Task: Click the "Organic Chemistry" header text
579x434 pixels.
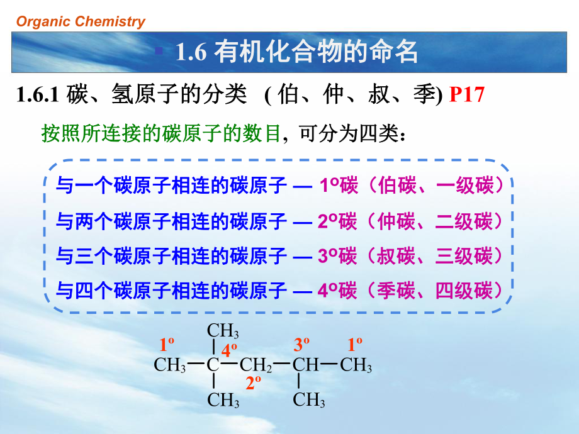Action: click(81, 22)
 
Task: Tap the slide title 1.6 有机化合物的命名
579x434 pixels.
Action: click(296, 53)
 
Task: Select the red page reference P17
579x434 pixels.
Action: click(468, 96)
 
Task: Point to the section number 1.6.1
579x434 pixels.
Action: click(37, 96)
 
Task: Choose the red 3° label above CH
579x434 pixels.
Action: click(302, 344)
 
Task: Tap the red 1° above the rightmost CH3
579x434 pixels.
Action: click(356, 344)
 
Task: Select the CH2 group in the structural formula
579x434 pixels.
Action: click(256, 365)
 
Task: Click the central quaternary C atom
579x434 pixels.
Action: click(213, 365)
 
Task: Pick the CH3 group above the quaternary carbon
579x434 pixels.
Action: click(223, 330)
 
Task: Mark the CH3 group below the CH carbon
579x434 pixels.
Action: click(309, 400)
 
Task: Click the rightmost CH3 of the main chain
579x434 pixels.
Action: click(356, 365)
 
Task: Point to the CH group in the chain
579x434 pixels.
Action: click(306, 365)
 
